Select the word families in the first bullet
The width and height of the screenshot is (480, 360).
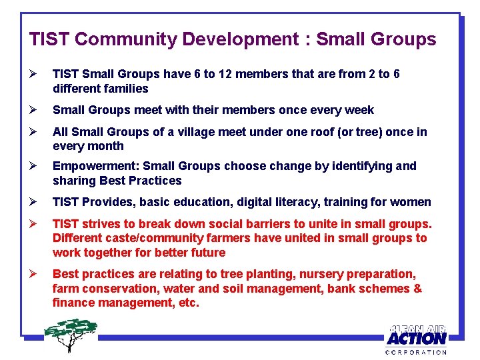pos(125,89)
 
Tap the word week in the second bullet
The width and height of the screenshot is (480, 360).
pos(360,110)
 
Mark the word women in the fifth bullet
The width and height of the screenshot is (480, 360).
pos(413,202)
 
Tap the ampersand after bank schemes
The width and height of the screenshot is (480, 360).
pos(417,289)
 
